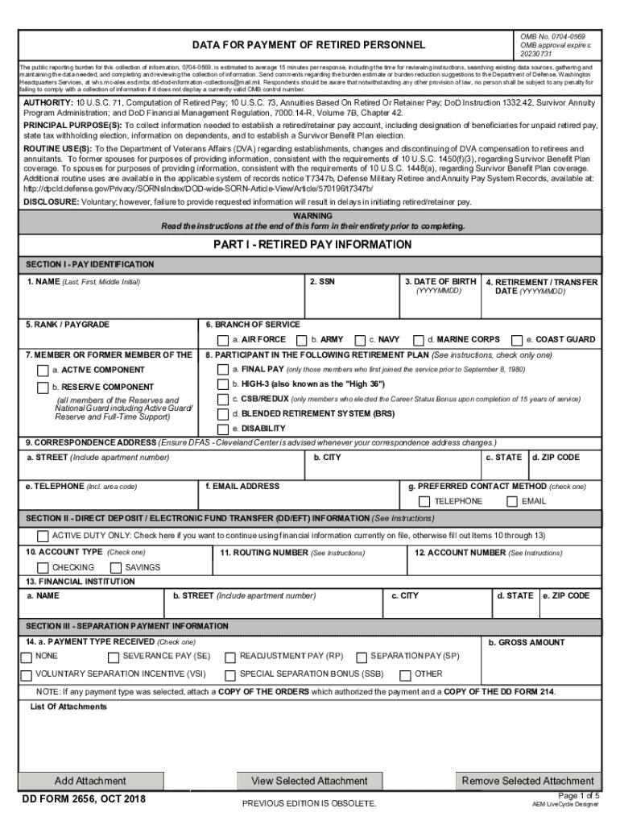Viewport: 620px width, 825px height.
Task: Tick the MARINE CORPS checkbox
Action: (x=418, y=340)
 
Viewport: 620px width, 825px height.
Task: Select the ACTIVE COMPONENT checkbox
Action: (x=43, y=371)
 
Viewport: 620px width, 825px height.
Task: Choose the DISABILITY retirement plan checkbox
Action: (x=224, y=429)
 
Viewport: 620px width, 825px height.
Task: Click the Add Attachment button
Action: (x=90, y=781)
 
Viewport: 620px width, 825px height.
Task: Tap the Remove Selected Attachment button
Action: (x=527, y=781)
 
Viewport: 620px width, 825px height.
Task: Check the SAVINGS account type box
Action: (x=115, y=568)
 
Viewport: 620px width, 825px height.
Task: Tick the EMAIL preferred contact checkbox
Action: (x=512, y=502)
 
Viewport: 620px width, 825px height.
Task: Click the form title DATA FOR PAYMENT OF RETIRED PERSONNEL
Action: (x=308, y=44)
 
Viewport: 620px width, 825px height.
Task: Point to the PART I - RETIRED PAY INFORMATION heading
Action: (x=312, y=244)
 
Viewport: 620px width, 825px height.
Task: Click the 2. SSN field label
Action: (x=322, y=281)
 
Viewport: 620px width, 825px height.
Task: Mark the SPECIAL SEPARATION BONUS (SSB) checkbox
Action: (x=230, y=674)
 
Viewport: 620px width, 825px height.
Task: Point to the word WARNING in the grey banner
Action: (x=312, y=217)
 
